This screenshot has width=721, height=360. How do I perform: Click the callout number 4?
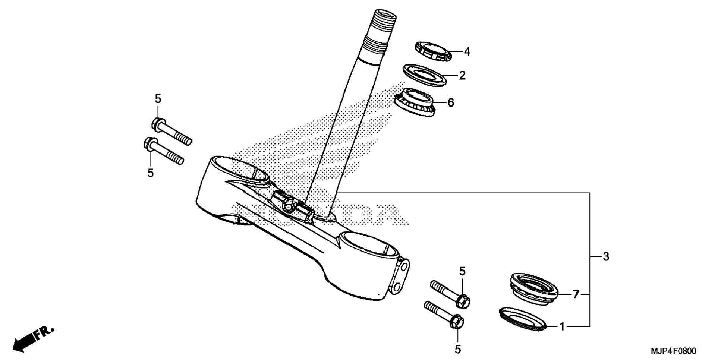[x=467, y=52]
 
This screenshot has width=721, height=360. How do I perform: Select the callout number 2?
[x=462, y=76]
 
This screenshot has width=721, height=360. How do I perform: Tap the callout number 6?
[x=451, y=102]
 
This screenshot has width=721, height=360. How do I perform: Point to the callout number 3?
[x=606, y=256]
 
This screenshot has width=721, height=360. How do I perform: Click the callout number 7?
[x=576, y=295]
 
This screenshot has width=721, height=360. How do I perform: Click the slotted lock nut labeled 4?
[x=433, y=51]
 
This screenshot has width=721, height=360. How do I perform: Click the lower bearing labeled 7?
[x=533, y=289]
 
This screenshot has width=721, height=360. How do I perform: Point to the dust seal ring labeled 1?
[x=522, y=319]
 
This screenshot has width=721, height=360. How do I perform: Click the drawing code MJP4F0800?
[x=673, y=351]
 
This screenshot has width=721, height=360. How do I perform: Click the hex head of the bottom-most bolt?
[x=457, y=321]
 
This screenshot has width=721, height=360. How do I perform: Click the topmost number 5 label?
[x=158, y=99]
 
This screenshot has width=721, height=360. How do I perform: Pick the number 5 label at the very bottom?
[x=458, y=349]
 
